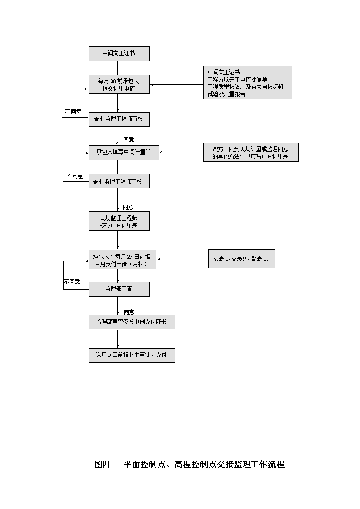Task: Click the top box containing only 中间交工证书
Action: [x=119, y=53]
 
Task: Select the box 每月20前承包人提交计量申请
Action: [x=119, y=84]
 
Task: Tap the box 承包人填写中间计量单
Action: [x=124, y=153]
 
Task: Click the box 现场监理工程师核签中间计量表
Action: [x=119, y=221]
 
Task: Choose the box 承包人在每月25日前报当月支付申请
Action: [x=122, y=260]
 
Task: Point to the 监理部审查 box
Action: [x=119, y=289]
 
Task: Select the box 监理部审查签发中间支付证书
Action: [x=132, y=322]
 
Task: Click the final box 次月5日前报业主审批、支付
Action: [x=132, y=355]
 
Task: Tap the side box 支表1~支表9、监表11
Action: [x=242, y=259]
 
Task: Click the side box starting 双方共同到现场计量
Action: [x=251, y=152]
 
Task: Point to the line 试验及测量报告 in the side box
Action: [x=227, y=94]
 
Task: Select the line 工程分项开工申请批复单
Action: [x=237, y=79]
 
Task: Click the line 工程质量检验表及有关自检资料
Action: [x=245, y=87]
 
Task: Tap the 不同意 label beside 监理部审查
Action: [x=72, y=282]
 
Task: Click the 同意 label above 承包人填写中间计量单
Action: [x=129, y=140]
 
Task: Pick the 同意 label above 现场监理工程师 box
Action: [x=128, y=207]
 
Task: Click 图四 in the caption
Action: [x=102, y=465]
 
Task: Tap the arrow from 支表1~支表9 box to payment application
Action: [x=183, y=259]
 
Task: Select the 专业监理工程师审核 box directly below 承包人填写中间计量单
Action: [x=119, y=182]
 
